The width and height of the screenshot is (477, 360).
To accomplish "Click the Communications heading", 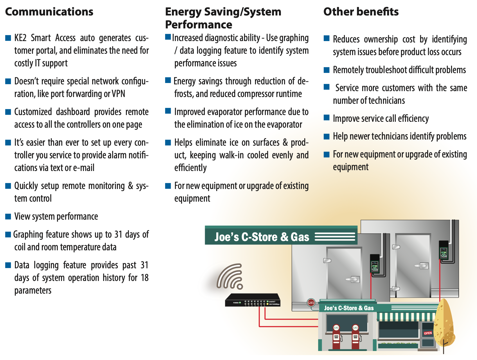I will point(49,12).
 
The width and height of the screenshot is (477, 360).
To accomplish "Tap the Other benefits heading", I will point(361,12).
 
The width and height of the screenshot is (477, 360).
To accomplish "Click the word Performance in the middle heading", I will point(199,25).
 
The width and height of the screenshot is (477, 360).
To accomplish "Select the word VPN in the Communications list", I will point(118,94).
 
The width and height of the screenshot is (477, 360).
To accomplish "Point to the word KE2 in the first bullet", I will point(20,38).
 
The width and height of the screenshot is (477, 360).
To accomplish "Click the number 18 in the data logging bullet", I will point(145,278).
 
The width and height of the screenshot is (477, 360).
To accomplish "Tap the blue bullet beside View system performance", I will point(8,217).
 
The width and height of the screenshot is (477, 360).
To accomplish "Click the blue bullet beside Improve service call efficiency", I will point(327,118).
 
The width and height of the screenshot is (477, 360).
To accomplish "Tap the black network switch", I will point(253,300).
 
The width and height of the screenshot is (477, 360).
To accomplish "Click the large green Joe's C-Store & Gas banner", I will point(281,235).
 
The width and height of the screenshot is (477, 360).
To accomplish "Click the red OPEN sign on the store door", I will point(428,333).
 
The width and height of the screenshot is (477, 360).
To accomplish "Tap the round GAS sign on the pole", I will point(311,303).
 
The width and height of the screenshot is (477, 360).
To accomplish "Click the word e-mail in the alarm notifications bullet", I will point(84,168).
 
